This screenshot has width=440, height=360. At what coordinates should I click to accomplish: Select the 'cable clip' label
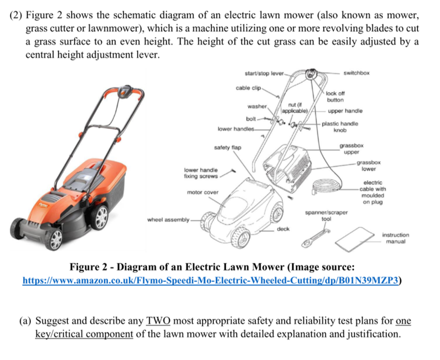[x=248, y=86]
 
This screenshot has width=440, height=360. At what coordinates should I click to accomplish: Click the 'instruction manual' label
[x=396, y=238]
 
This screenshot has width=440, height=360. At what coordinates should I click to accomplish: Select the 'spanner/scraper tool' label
[x=327, y=215]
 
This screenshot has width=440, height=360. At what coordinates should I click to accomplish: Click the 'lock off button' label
[x=335, y=96]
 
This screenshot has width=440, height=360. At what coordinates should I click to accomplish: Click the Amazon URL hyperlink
[x=212, y=281]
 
